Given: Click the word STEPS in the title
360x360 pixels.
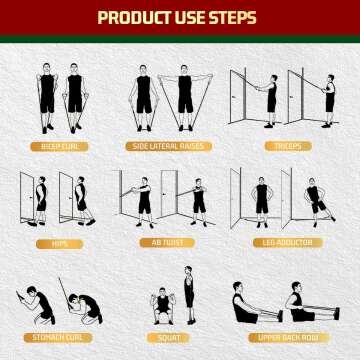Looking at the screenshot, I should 229,18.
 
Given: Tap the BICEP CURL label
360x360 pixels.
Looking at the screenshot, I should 60,146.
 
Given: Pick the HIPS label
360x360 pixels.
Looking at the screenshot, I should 60,242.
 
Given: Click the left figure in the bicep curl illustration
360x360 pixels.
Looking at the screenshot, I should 46,98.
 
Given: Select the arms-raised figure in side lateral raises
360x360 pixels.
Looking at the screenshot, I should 184,98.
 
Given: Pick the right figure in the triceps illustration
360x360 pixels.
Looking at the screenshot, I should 329,100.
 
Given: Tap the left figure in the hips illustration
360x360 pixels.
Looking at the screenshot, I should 41,198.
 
